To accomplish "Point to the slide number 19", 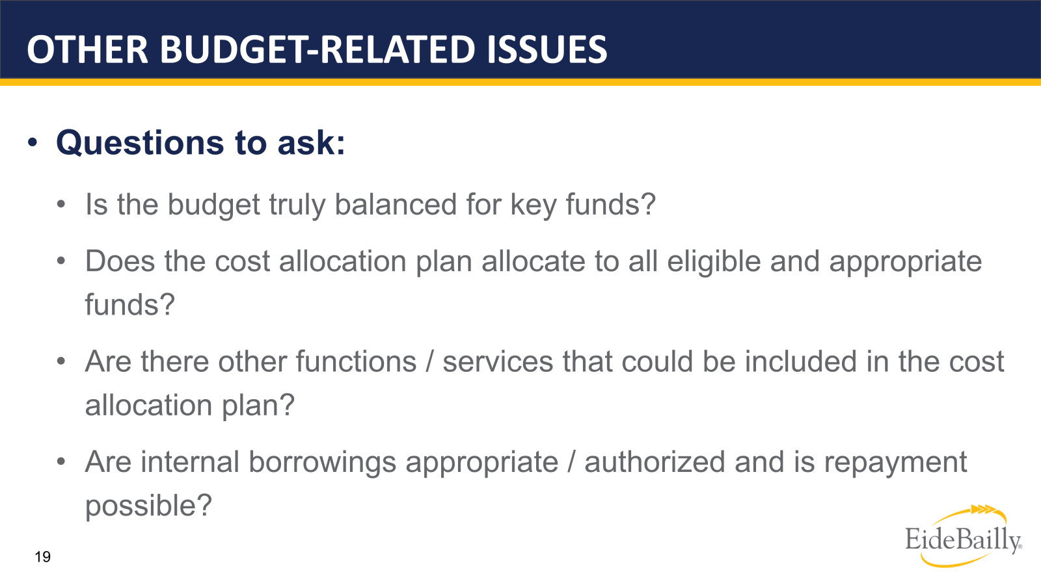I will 42,557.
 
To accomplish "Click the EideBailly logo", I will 963,537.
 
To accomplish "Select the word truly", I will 297,205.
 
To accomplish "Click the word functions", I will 317,361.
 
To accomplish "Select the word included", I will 800,361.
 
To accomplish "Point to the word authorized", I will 655,462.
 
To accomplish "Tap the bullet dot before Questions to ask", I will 33,142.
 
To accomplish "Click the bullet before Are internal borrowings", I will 61,462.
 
